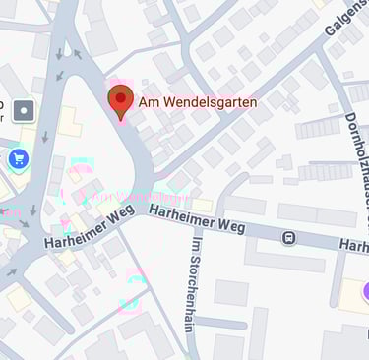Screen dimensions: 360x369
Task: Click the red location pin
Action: (120, 100)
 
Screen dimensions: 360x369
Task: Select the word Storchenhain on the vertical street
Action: (195, 295)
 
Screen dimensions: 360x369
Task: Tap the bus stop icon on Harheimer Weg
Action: (288, 237)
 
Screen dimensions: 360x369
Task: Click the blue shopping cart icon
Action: (18, 158)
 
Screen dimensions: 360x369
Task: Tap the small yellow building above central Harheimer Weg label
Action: (202, 205)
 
